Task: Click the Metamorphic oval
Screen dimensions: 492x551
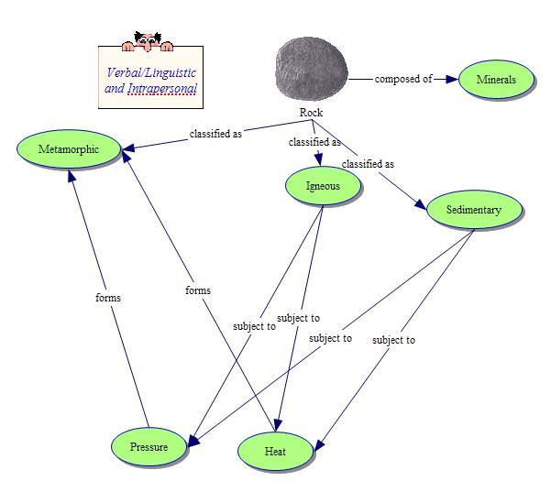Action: [69, 149]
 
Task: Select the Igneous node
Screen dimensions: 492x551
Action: [323, 187]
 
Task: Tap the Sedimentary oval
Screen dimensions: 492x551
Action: [474, 210]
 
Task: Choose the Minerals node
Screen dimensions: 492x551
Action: [496, 80]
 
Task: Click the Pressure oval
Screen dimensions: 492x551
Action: [149, 447]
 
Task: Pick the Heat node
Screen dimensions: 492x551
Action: [275, 452]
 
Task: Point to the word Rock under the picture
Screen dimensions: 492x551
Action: [312, 113]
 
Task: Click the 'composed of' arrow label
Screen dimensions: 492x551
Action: [403, 79]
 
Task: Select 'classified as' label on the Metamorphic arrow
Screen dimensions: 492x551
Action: [215, 134]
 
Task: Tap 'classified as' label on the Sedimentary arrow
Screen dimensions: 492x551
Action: [368, 164]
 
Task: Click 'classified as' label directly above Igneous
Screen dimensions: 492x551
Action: [314, 142]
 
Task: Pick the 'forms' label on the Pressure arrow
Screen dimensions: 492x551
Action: [108, 298]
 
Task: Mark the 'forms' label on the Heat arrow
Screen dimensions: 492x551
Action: [197, 290]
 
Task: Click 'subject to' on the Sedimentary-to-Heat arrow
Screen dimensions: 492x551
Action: [393, 340]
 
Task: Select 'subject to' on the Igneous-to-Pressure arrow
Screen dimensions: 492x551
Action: [254, 326]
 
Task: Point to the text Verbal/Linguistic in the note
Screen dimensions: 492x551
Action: [151, 72]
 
